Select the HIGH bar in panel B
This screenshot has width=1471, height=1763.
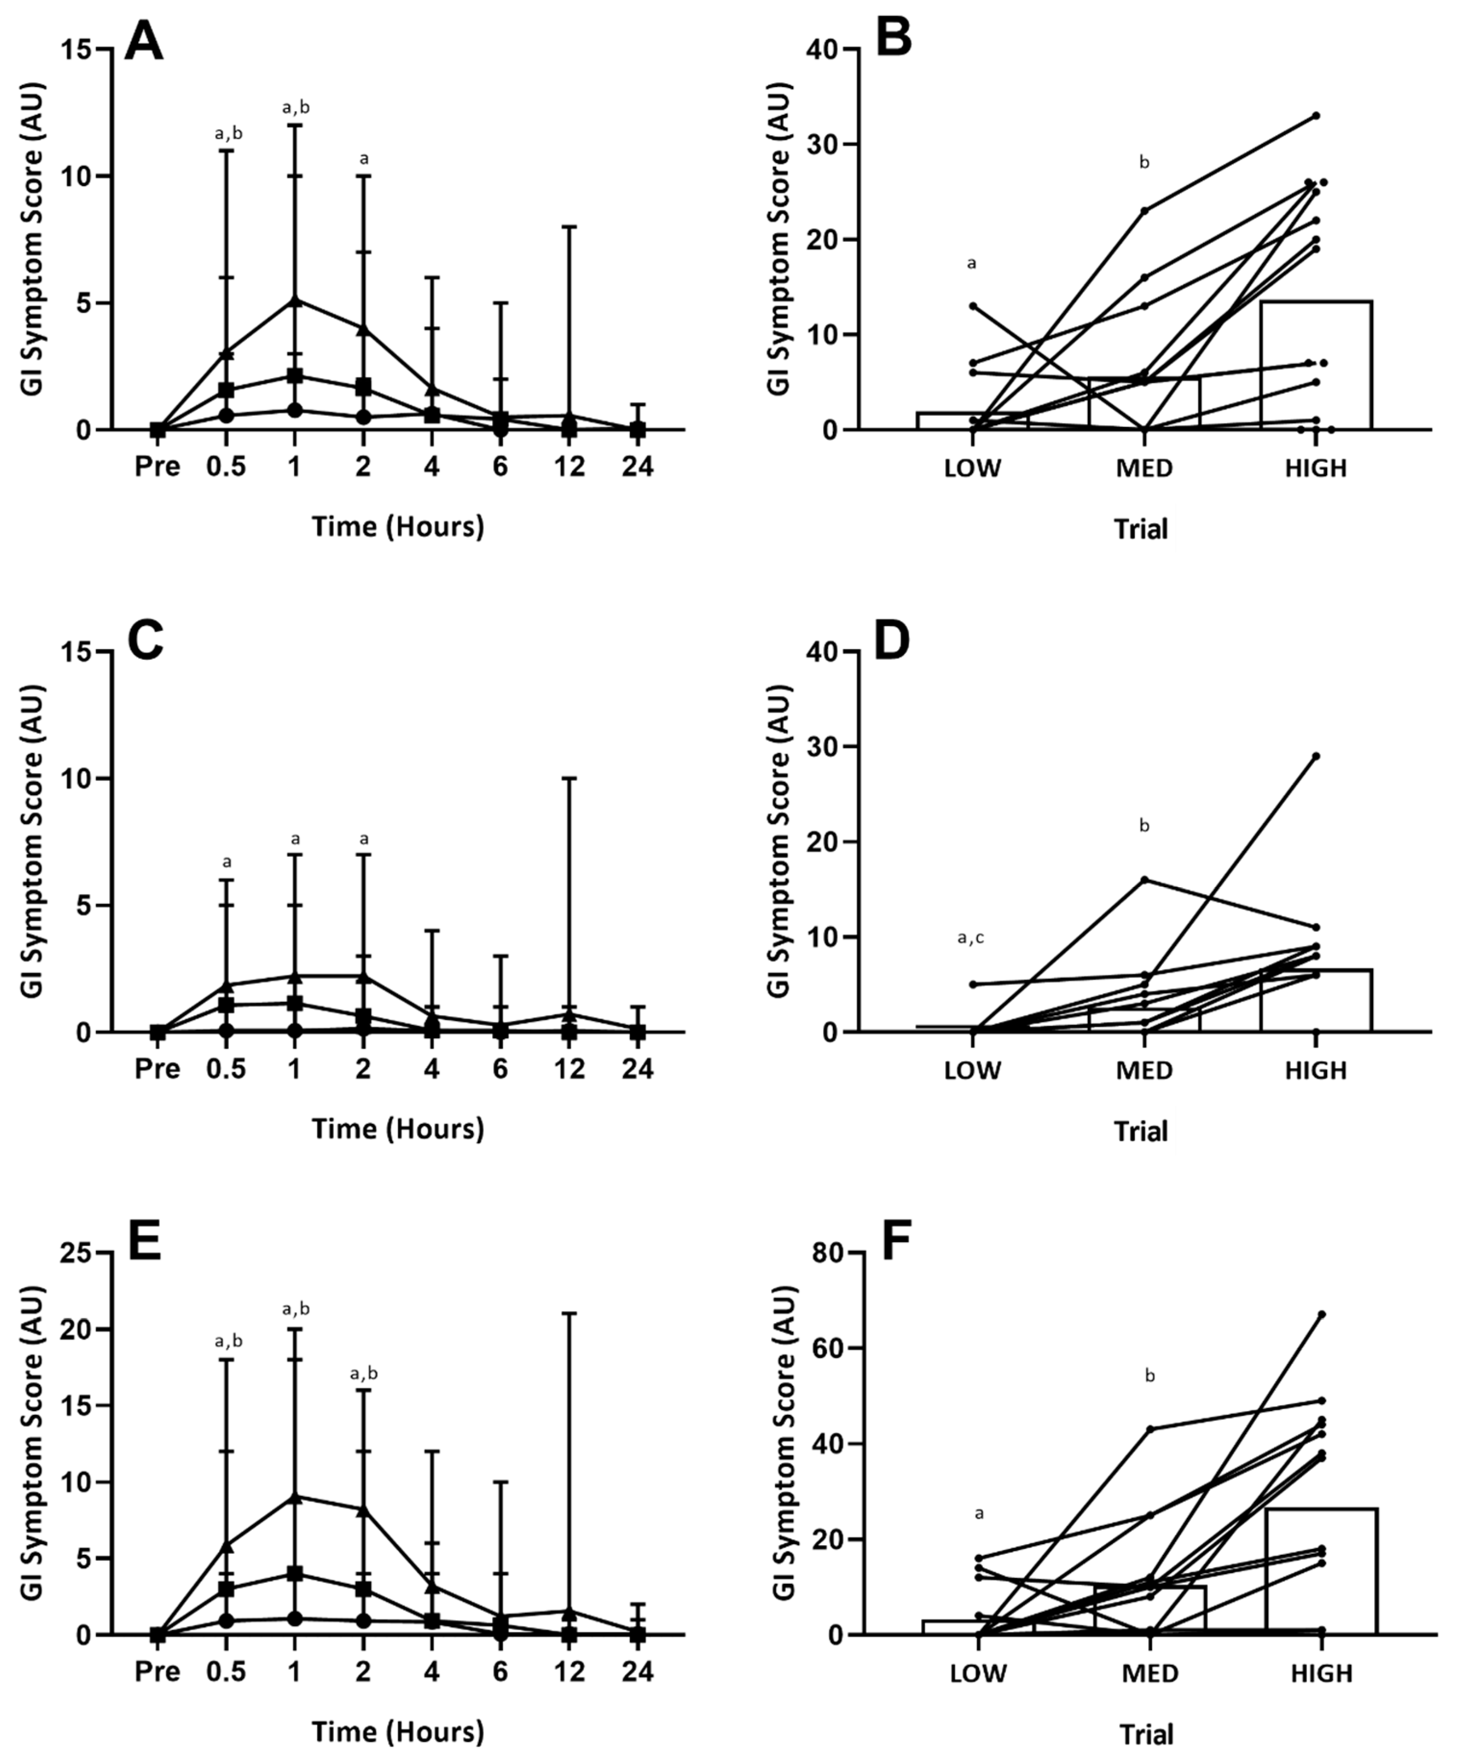pyautogui.click(x=1316, y=365)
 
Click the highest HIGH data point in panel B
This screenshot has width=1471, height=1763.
pyautogui.click(x=1316, y=116)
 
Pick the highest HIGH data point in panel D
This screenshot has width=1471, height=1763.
pyautogui.click(x=1316, y=756)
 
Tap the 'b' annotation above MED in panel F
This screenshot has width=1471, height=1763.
pyautogui.click(x=1150, y=1376)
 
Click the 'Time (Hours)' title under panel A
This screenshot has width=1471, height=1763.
pyautogui.click(x=398, y=527)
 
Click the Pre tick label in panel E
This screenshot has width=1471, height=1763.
pyautogui.click(x=157, y=1672)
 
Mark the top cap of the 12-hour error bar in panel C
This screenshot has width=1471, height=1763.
pyautogui.click(x=569, y=778)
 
